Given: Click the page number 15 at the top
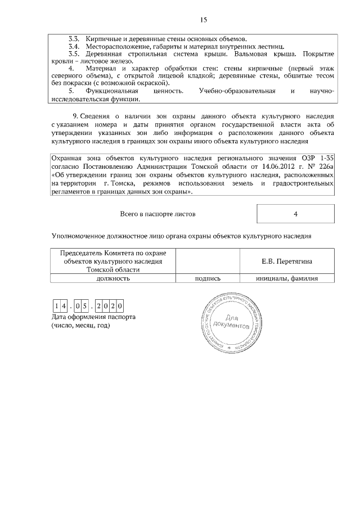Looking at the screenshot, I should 204,20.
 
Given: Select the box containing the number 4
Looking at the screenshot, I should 295,214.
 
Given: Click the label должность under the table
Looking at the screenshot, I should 113,278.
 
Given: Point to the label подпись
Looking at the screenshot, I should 208,278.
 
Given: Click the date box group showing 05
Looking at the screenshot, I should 83,307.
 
